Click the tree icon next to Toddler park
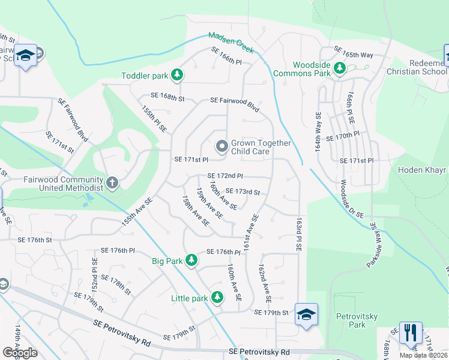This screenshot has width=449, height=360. [177, 75]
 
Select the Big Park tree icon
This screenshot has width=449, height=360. [191, 260]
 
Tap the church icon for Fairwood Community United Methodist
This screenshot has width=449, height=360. [112, 182]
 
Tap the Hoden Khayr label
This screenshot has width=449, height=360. [423, 170]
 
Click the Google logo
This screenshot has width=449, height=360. [20, 353]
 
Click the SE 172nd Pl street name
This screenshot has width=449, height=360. [224, 176]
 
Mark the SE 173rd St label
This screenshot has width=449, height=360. [243, 192]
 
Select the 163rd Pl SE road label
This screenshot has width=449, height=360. [298, 235]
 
